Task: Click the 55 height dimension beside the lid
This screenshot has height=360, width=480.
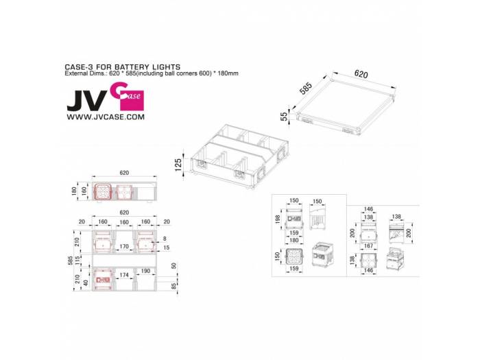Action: [283, 117]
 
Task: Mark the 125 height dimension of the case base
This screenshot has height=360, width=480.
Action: [179, 166]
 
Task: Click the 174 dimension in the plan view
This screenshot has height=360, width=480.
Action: [124, 275]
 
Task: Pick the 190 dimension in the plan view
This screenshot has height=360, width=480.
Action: [145, 271]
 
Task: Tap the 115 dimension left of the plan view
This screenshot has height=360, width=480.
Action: [77, 261]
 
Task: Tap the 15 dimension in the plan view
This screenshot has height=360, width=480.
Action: [165, 247]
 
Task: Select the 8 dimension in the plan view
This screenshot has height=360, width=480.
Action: [165, 238]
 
